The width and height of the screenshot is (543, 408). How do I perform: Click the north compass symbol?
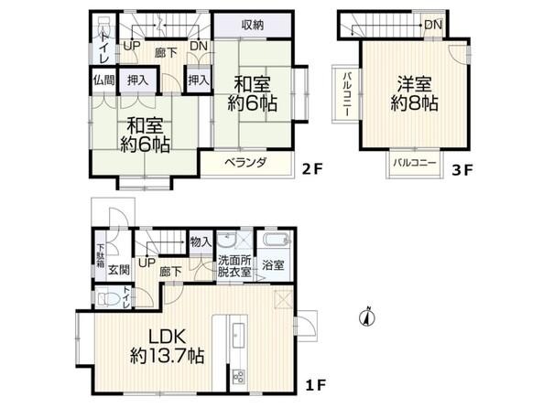368,317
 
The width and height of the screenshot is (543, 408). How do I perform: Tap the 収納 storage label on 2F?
253,25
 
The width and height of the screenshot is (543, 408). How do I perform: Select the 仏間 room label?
103,81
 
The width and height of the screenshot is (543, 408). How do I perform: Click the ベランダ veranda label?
246,162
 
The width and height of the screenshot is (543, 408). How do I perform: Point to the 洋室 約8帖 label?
414,93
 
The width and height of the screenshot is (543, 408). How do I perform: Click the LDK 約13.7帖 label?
167,346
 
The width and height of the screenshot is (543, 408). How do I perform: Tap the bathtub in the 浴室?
276,239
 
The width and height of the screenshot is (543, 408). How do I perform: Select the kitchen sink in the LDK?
237,336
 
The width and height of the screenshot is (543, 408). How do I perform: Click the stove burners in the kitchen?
239,376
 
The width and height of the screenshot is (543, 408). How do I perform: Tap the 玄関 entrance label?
119,269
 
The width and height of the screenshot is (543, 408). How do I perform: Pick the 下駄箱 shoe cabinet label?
100,256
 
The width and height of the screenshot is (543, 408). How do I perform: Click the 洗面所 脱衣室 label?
234,266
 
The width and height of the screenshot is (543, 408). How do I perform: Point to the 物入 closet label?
201,242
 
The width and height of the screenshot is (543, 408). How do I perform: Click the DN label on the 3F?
433,25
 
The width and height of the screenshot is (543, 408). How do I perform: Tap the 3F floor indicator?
462,170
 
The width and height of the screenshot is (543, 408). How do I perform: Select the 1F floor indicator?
315,385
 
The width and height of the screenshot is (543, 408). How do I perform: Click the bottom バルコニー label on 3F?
414,163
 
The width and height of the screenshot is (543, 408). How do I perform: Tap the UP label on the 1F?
147,263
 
